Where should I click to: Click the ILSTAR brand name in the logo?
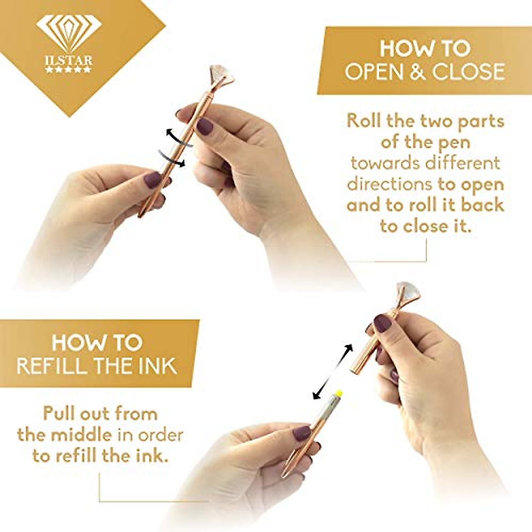point(69,59)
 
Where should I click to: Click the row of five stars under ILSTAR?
point(69,70)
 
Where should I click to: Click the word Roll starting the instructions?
point(364,121)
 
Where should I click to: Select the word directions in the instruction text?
point(389,184)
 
